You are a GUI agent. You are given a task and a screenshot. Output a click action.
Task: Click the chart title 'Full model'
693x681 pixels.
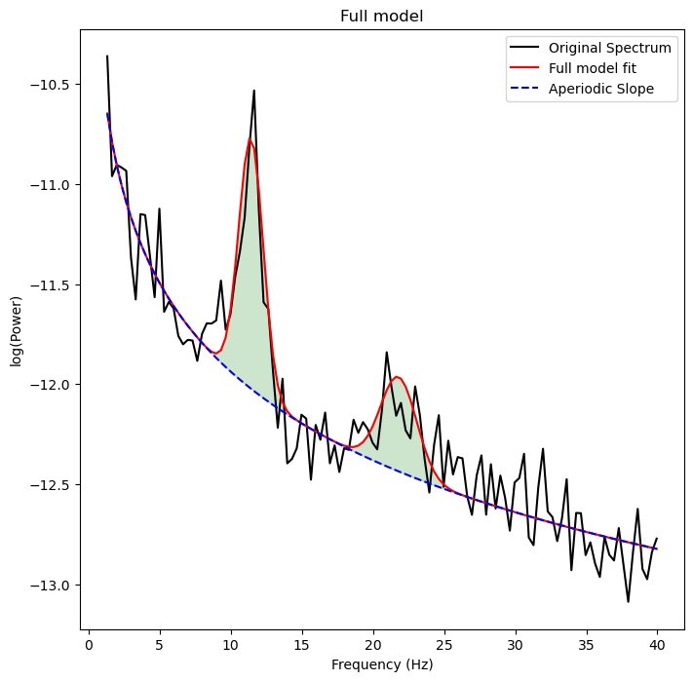point(381,17)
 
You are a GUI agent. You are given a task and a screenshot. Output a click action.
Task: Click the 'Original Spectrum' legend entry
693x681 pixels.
point(609,48)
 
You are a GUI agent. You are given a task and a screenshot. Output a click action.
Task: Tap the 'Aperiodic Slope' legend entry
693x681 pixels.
point(600,89)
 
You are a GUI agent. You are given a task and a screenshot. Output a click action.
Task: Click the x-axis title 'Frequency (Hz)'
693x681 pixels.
point(381,664)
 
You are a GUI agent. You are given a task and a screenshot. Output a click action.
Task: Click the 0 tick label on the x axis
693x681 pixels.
point(89,644)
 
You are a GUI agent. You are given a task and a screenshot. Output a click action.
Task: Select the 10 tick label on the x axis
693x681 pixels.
point(231,644)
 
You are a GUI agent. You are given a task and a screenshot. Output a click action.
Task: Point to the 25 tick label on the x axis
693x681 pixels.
point(443,644)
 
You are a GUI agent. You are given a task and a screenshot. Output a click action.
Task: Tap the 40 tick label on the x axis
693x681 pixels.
point(657,644)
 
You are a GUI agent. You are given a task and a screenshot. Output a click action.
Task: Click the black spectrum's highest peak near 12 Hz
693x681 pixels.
point(254,91)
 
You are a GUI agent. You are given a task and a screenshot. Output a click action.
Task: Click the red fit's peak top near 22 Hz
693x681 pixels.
point(397,376)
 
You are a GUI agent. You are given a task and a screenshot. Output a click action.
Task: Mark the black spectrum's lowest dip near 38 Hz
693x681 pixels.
point(629,601)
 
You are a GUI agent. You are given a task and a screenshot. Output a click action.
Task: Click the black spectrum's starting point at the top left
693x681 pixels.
point(107,57)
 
